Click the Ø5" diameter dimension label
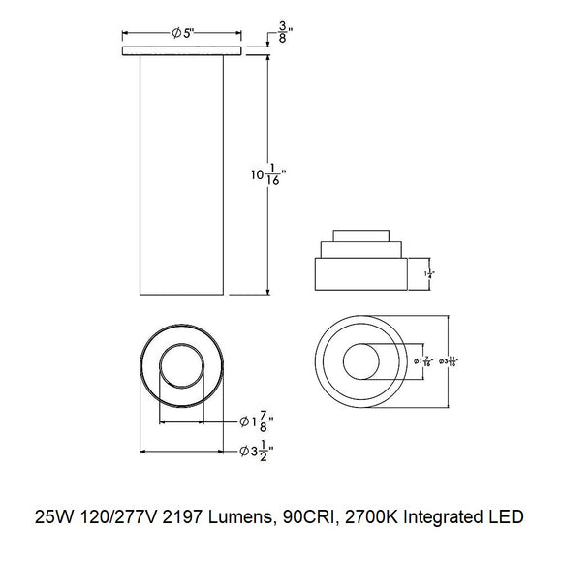[183, 32]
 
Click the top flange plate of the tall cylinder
[181, 49]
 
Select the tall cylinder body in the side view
[181, 174]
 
